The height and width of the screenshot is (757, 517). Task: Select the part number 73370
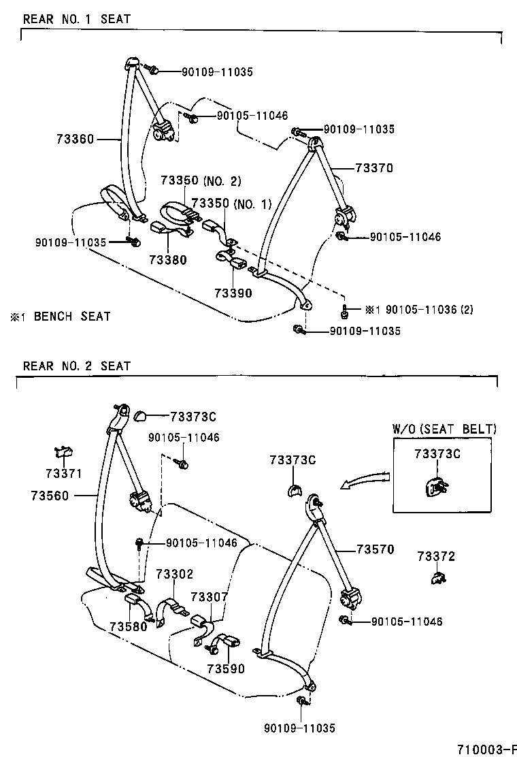373,167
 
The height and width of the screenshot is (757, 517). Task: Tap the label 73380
169,259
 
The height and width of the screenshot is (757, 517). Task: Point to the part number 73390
233,293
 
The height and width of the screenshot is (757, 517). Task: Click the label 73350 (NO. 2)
201,181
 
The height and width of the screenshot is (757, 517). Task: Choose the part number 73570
374,549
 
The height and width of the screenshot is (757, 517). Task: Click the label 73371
64,473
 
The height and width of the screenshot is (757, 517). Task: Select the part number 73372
436,557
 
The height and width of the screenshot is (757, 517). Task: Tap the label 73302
175,575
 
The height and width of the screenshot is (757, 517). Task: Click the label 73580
129,627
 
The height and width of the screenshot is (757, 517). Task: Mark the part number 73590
226,669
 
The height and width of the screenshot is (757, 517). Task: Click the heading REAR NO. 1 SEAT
76,19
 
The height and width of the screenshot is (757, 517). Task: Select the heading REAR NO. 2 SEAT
76,366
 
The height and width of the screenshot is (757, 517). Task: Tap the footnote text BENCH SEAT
71,316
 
